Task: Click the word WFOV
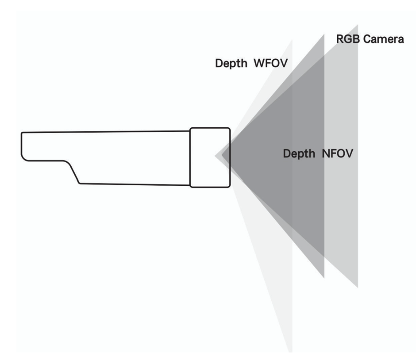click(x=270, y=64)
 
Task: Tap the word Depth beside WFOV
click(x=231, y=64)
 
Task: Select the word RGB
click(x=346, y=39)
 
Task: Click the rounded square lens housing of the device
click(x=210, y=157)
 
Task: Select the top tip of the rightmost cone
click(x=357, y=26)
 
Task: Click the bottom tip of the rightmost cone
click(x=357, y=287)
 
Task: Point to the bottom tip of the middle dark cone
click(x=324, y=277)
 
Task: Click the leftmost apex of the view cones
click(x=215, y=156)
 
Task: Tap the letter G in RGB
click(x=346, y=39)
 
